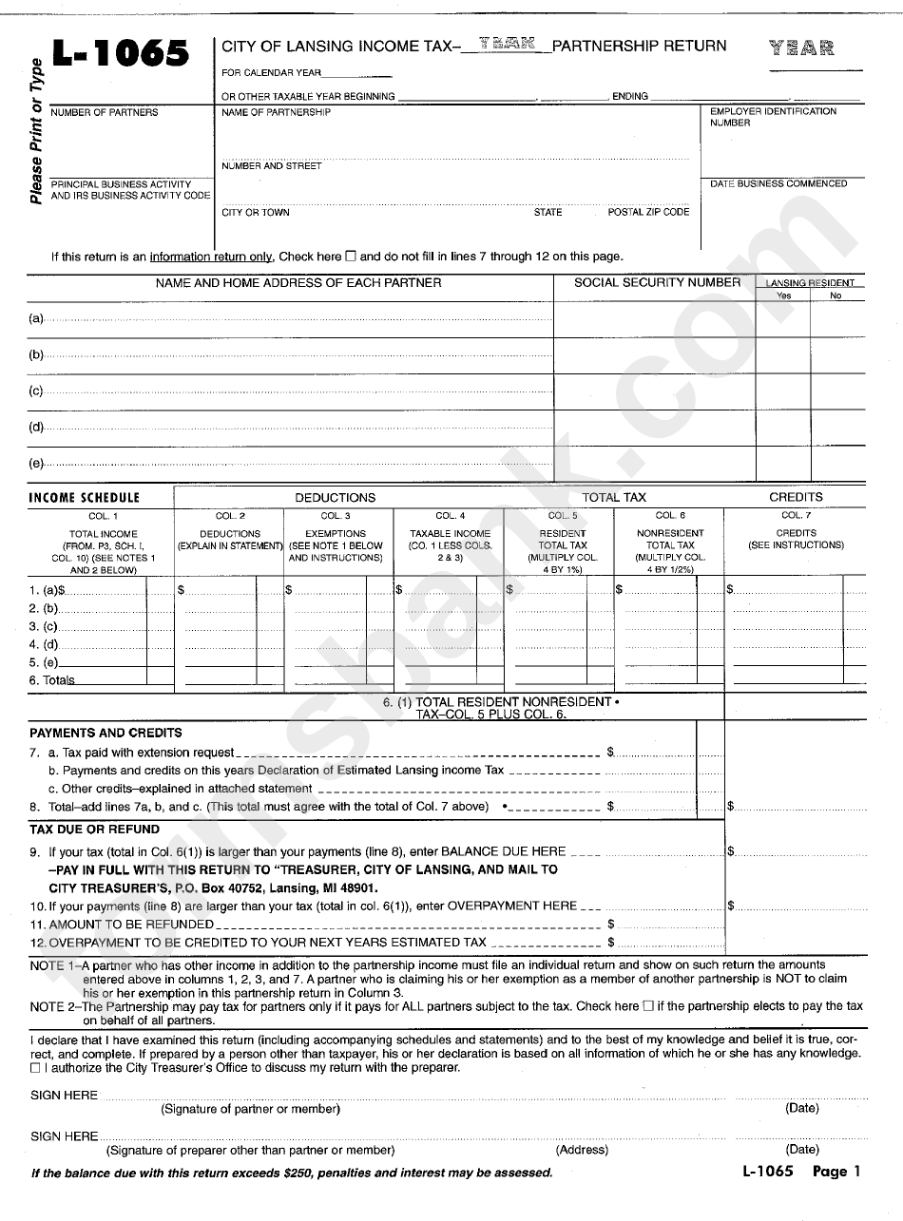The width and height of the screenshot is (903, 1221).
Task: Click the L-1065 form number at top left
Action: tap(121, 54)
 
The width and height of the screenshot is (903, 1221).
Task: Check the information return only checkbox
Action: tap(350, 256)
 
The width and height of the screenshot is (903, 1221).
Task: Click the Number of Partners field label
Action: tap(105, 112)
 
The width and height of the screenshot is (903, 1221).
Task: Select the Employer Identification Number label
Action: tap(773, 117)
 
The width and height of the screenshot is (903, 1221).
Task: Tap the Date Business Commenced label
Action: tap(778, 183)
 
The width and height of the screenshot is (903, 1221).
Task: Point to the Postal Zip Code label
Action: tap(648, 212)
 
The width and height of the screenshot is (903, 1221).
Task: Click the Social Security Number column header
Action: tap(657, 282)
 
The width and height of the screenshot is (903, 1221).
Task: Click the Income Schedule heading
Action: tap(84, 497)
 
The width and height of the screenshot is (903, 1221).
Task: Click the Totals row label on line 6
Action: tap(52, 680)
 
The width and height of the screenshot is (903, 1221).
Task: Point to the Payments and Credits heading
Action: tap(106, 733)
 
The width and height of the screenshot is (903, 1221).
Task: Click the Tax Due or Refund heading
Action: tap(95, 830)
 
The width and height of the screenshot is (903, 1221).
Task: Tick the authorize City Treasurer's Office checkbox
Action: tap(35, 1067)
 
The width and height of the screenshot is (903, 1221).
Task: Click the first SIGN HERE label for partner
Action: tap(64, 1096)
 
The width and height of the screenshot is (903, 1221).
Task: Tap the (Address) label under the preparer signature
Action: tap(582, 1150)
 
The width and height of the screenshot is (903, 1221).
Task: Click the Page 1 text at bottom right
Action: tap(836, 1172)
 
